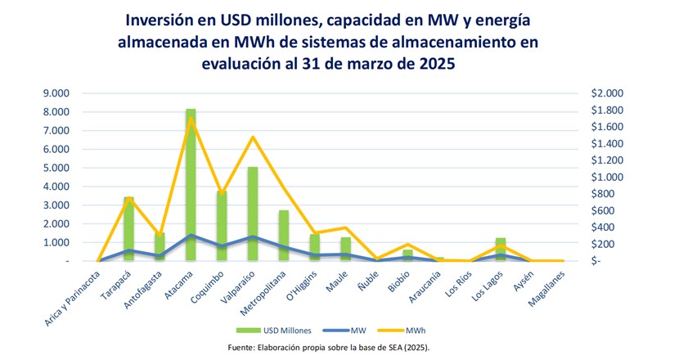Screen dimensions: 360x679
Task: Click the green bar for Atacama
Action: point(191,185)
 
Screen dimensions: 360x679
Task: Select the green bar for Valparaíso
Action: point(252,214)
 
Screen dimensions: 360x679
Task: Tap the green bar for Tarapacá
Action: point(129,229)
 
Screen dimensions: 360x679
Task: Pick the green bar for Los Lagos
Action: point(501,250)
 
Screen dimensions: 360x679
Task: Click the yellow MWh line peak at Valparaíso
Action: point(252,137)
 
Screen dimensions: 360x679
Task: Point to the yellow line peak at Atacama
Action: point(191,119)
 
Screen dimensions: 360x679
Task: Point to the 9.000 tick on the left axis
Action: point(56,93)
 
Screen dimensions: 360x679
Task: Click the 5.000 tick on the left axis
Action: point(56,168)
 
